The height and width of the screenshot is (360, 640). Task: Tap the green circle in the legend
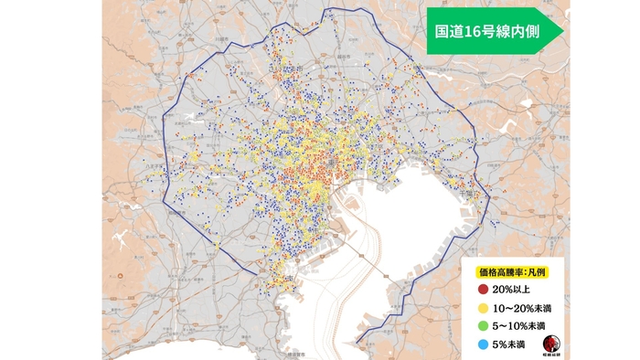click(482, 325)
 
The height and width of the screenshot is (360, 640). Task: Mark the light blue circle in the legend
click(482, 344)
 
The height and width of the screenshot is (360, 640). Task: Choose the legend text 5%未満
click(507, 344)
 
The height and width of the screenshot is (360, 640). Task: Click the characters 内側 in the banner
click(519, 30)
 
